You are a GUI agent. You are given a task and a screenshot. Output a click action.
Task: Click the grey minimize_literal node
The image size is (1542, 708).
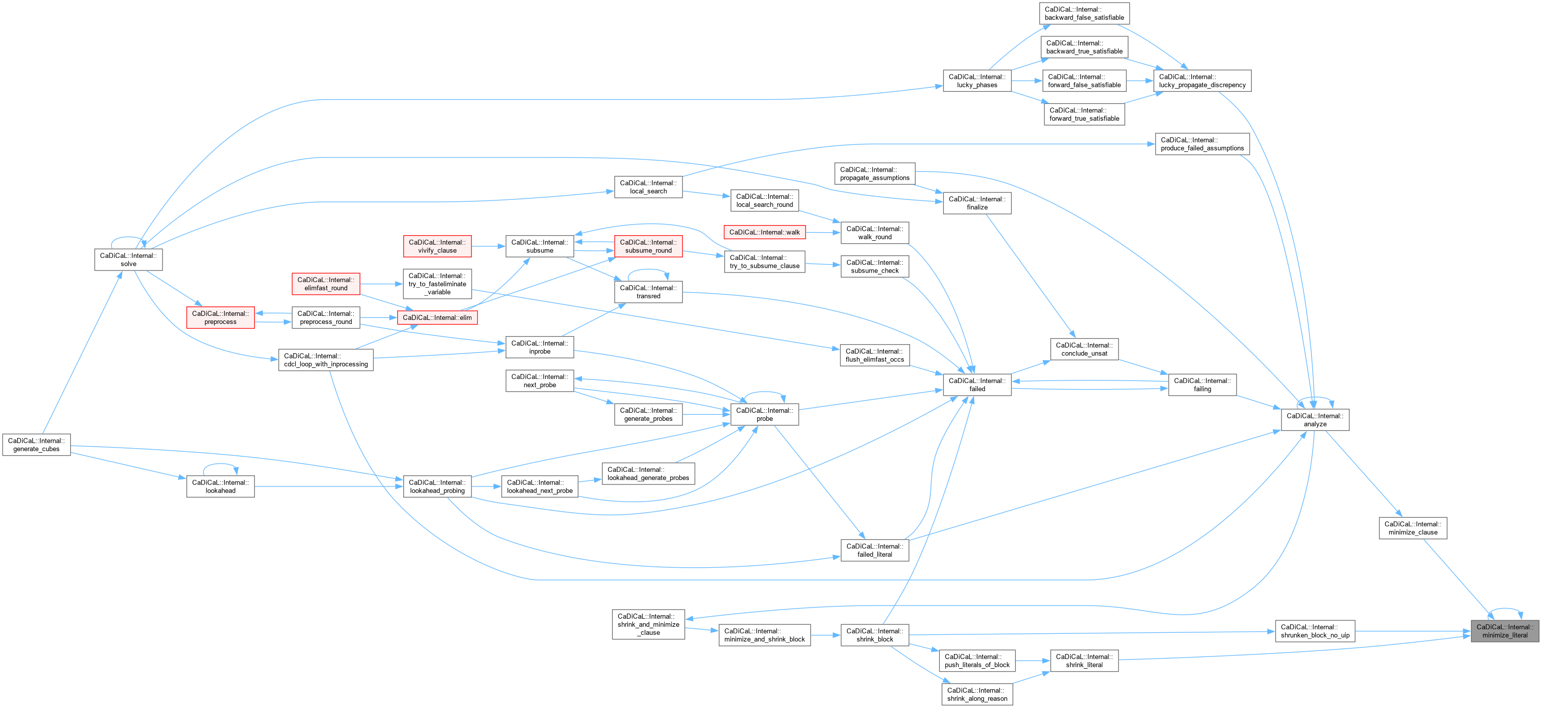[1504, 631]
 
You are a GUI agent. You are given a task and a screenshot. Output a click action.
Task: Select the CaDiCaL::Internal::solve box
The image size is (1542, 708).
[128, 260]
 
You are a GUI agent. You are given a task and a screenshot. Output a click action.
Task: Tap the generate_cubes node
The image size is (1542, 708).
[36, 445]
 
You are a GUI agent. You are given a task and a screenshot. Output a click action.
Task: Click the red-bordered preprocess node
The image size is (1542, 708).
[220, 317]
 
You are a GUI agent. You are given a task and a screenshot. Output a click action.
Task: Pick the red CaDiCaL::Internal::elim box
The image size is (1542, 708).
[437, 317]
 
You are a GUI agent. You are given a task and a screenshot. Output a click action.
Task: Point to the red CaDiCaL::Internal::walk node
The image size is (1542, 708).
[764, 232]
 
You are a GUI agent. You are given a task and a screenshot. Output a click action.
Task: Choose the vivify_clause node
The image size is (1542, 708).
[437, 246]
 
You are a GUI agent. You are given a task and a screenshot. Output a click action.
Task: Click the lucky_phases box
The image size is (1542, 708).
[977, 81]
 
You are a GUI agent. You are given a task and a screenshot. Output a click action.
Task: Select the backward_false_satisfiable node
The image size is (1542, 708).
[1084, 13]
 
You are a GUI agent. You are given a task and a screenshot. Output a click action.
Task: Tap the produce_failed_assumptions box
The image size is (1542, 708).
[1202, 144]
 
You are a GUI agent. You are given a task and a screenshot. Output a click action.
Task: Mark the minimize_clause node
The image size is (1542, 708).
[1413, 528]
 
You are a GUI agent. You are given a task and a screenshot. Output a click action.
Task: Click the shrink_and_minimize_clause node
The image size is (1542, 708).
[648, 624]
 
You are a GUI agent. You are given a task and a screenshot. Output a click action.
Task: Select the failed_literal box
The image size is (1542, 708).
[875, 550]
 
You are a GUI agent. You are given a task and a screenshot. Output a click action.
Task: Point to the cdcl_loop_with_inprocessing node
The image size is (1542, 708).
[326, 360]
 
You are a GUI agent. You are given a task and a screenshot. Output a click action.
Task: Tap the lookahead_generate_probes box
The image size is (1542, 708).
[648, 473]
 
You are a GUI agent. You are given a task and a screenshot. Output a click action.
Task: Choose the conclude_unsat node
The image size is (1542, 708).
[1084, 349]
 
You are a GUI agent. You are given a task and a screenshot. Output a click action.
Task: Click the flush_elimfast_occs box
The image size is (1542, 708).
[875, 355]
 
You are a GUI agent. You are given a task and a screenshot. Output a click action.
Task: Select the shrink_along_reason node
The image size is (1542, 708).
[977, 694]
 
